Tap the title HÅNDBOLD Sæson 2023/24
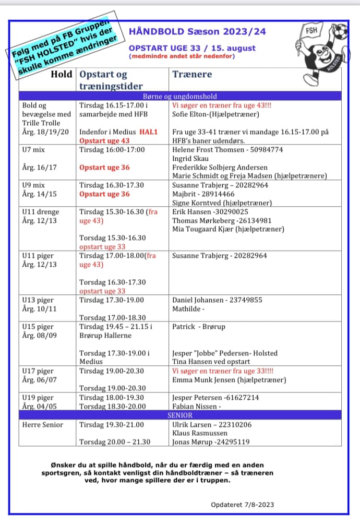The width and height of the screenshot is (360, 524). pyautogui.click(x=197, y=32)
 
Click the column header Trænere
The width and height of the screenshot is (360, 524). pyautogui.click(x=192, y=74)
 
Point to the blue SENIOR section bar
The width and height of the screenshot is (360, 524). pyautogui.click(x=180, y=415)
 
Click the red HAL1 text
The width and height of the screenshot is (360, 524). pyautogui.click(x=148, y=132)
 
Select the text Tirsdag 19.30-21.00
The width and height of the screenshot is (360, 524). pyautogui.click(x=111, y=425)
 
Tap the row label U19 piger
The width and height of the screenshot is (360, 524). pyautogui.click(x=38, y=398)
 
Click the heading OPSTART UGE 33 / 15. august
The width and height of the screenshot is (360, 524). pyautogui.click(x=193, y=48)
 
